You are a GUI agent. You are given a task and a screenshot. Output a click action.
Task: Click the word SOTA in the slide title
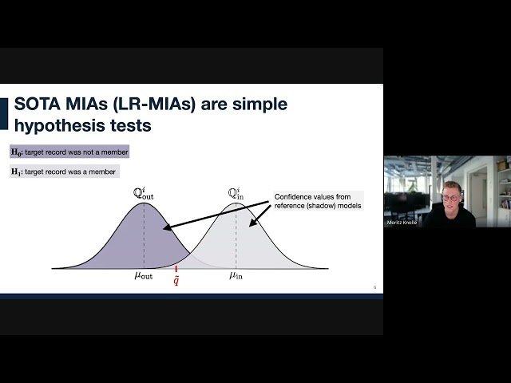click(x=40, y=104)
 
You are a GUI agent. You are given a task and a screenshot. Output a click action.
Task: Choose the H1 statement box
click(x=64, y=171)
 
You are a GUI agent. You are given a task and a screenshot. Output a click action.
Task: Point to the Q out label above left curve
click(x=144, y=193)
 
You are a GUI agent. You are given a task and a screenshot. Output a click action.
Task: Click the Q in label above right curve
click(x=236, y=193)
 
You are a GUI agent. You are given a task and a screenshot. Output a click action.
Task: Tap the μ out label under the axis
click(x=144, y=276)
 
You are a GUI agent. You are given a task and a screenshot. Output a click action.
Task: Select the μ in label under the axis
click(x=236, y=276)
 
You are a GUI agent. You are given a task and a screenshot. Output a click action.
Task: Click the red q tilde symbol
click(x=176, y=282)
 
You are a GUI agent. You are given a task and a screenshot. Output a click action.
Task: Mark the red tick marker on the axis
click(x=176, y=270)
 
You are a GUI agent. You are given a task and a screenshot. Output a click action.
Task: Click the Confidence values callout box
click(x=318, y=201)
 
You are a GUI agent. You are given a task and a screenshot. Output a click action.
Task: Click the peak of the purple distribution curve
click(x=144, y=203)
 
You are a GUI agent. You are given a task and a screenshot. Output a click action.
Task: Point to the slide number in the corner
click(x=374, y=286)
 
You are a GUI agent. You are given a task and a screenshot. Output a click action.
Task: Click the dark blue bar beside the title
click(x=4, y=113)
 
